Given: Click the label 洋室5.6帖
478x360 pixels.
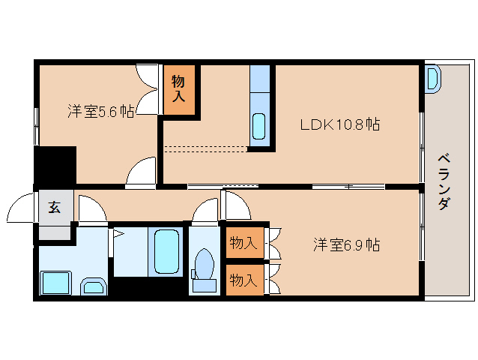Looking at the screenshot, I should tap(100, 112).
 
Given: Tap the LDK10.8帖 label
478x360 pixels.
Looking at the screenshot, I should tap(339, 124).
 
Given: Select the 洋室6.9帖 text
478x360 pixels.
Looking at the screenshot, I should tap(346, 244).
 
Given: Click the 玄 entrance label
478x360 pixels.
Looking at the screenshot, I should tap(55, 208).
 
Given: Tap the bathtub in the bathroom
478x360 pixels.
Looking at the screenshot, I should tap(166, 253).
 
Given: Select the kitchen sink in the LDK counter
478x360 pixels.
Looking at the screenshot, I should tap(259, 126).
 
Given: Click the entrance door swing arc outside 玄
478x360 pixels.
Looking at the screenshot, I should tap(22, 207).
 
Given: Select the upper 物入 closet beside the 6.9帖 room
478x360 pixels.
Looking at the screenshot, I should tap(243, 243).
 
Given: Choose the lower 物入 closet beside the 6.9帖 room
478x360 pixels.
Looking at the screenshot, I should tap(243, 280).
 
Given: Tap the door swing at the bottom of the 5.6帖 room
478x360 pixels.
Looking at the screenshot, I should tap(141, 173).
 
